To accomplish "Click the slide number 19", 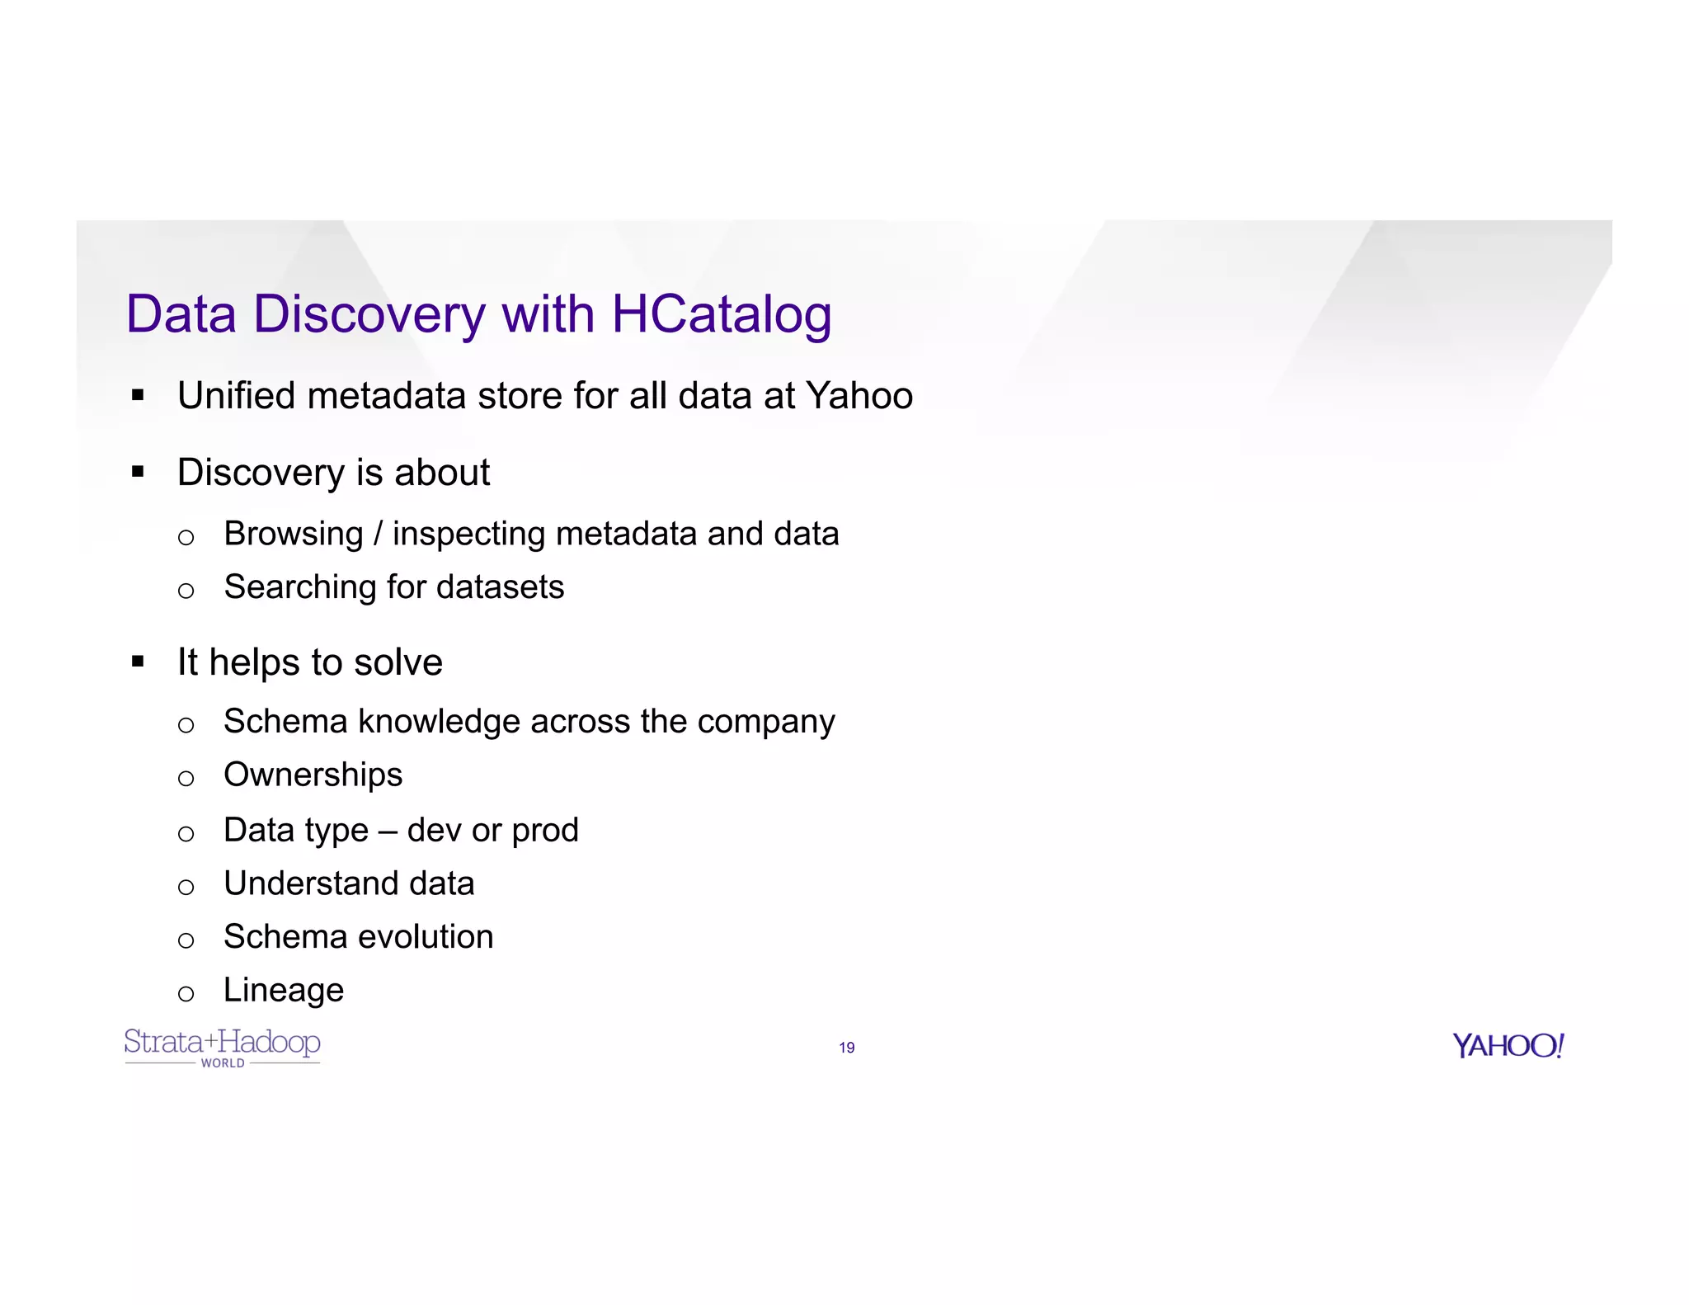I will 846,1048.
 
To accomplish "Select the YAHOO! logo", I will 1508,1046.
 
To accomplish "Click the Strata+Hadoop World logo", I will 222,1047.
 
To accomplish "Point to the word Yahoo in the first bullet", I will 859,396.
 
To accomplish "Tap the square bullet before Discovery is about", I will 138,473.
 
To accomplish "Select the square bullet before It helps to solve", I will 138,662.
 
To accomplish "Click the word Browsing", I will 293,535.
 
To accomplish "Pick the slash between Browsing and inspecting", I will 378,535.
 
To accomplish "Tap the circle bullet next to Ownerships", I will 186,778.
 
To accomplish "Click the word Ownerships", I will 313,775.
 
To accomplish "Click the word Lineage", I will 283,991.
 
